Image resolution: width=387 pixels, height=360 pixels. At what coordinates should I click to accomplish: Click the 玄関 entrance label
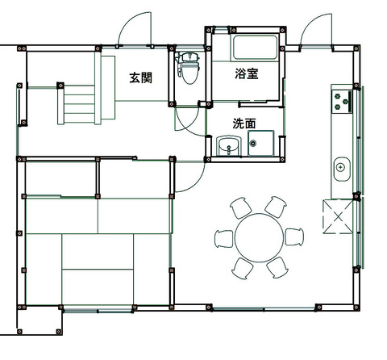[141, 77]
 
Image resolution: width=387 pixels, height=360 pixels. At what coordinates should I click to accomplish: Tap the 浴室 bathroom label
[247, 73]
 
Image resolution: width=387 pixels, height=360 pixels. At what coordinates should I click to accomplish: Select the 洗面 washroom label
[244, 123]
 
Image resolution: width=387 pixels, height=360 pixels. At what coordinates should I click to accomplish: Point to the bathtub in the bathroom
[255, 48]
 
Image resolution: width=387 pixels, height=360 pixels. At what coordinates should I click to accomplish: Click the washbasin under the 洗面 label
[229, 146]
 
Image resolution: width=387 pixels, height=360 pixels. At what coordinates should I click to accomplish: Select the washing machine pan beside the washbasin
[261, 143]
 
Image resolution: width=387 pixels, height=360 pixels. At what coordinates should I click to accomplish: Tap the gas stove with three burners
[342, 102]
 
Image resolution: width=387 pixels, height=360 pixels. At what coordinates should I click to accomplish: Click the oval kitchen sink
[342, 170]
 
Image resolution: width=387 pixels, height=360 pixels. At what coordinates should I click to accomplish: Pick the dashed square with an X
[338, 216]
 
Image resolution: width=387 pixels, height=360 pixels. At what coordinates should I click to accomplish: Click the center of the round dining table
[260, 238]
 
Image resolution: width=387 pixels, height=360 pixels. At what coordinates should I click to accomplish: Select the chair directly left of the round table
[224, 239]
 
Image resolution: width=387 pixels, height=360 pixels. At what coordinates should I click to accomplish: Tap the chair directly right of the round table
[294, 237]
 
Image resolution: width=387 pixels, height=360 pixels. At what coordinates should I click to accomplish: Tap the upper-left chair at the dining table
[241, 207]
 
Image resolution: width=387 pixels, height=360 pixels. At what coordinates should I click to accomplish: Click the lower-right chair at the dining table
[277, 267]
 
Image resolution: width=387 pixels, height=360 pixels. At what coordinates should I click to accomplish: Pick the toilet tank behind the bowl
[190, 57]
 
